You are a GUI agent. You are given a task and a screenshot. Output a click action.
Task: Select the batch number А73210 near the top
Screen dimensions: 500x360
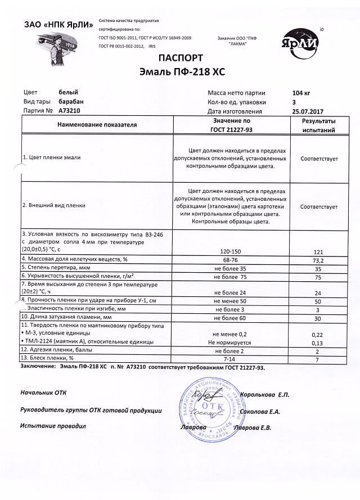click(70, 111)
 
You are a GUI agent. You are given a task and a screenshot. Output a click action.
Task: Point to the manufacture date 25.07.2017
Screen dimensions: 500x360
click(309, 111)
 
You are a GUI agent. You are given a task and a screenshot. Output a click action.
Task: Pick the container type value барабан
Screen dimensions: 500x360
click(73, 102)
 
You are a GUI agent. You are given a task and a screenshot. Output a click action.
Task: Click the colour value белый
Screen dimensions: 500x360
click(69, 92)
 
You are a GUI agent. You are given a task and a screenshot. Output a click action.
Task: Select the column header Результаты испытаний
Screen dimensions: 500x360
click(318, 125)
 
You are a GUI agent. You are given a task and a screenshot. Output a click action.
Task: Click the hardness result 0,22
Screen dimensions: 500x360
click(318, 334)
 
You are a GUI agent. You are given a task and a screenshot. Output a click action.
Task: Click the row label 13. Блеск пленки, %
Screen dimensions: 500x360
click(48, 358)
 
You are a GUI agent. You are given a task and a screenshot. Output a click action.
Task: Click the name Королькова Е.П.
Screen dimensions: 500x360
click(264, 395)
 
